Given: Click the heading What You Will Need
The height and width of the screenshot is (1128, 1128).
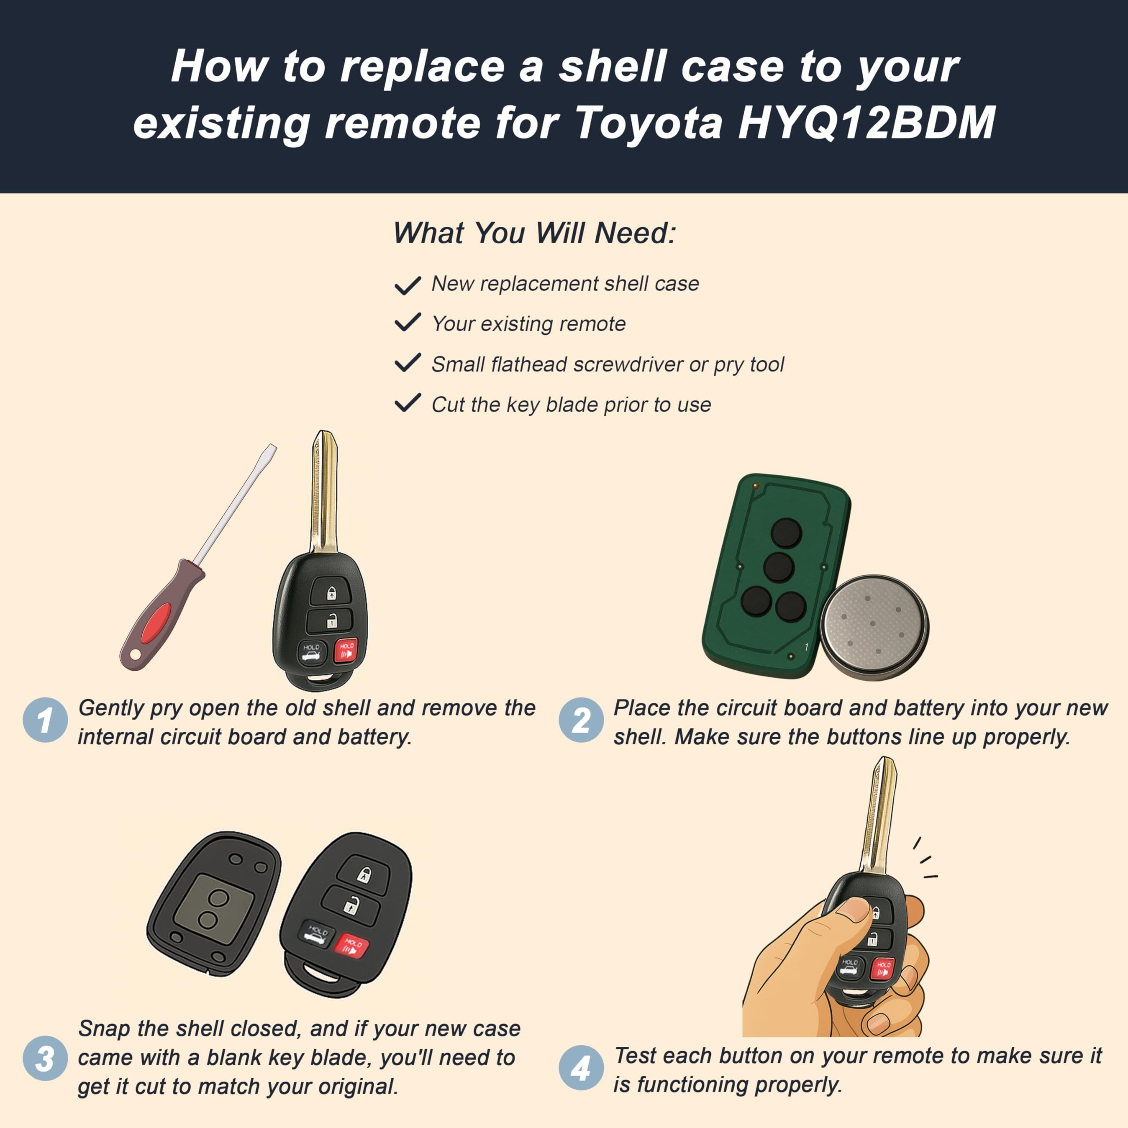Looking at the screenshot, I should (534, 233).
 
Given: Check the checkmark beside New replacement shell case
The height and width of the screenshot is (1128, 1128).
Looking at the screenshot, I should (408, 286).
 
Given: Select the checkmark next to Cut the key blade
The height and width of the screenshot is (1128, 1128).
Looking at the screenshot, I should (408, 403).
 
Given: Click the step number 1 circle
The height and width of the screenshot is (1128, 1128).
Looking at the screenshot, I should (45, 720).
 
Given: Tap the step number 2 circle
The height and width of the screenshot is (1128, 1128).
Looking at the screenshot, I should (580, 720).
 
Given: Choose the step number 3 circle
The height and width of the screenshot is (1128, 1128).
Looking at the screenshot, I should (45, 1058).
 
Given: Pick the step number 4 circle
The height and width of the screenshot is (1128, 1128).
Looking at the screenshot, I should (580, 1068).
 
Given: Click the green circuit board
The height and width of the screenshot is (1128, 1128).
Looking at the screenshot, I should (771, 575).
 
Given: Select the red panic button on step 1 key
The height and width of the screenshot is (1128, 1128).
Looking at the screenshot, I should (345, 651).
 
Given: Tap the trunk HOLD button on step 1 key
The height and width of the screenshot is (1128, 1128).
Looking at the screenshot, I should (311, 652).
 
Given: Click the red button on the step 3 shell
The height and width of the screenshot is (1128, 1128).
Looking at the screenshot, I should (352, 946).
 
